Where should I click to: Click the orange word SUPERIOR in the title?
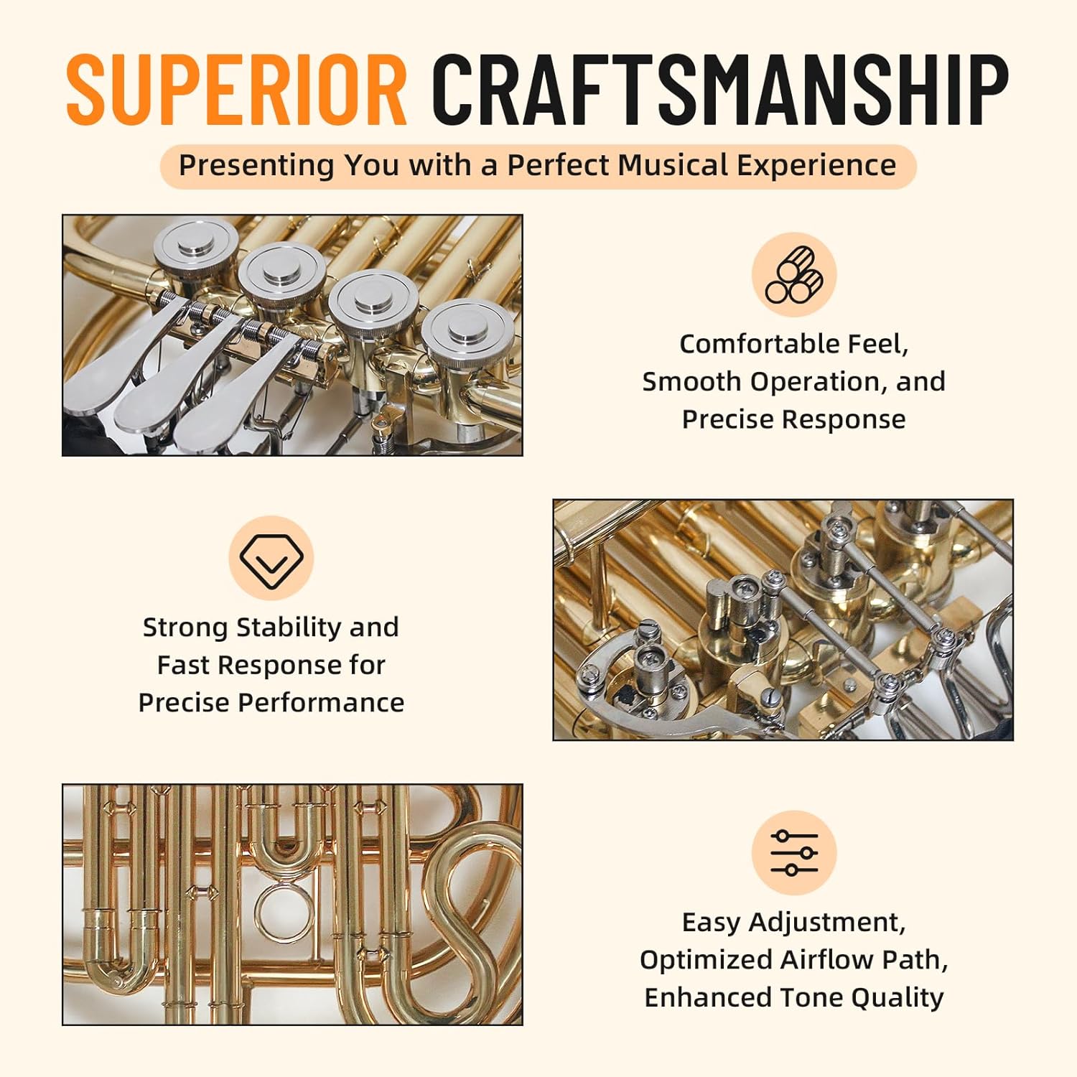(x=237, y=89)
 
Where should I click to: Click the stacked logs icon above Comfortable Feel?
(x=794, y=274)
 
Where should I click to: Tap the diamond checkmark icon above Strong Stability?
(x=271, y=559)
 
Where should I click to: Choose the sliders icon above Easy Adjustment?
(x=794, y=853)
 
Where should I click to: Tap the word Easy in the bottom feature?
(x=711, y=923)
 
